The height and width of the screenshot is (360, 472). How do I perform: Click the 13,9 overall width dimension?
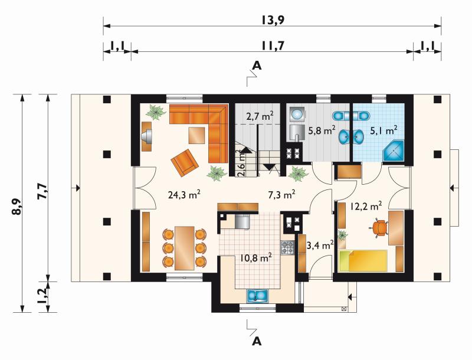[x=273, y=20]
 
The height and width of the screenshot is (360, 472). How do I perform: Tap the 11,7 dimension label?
[x=273, y=46]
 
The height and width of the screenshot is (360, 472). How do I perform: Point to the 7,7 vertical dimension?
[x=42, y=191]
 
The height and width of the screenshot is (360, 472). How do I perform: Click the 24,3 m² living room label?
[x=184, y=195]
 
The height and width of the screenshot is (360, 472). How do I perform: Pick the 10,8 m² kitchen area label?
[x=256, y=258]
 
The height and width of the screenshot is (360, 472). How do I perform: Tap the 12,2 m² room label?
[x=366, y=206]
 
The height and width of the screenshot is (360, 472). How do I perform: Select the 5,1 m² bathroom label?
[x=383, y=130]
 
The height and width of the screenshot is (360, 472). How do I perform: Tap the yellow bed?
[x=363, y=261]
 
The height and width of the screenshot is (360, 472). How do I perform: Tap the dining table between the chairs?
[x=185, y=248]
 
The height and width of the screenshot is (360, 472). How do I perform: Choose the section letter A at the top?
[x=257, y=65]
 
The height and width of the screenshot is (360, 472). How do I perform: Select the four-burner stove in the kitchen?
[x=287, y=248]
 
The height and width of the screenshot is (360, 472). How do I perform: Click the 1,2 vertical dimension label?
[x=42, y=295]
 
